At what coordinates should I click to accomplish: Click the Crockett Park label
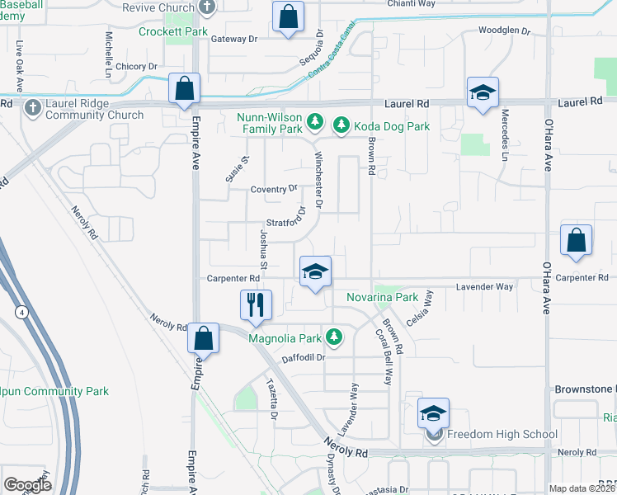[x=173, y=31]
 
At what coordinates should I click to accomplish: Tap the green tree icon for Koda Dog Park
[x=341, y=125]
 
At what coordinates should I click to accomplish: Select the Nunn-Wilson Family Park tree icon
[x=314, y=122]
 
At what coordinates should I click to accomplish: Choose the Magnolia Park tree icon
[x=334, y=336]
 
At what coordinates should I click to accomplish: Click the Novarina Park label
[x=382, y=296]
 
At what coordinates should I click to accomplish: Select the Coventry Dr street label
[x=275, y=189]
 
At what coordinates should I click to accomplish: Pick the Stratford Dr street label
[x=287, y=223]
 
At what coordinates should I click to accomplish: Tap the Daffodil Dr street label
[x=304, y=357]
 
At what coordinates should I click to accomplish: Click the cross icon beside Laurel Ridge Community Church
[x=32, y=107]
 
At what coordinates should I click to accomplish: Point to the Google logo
[x=27, y=485]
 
